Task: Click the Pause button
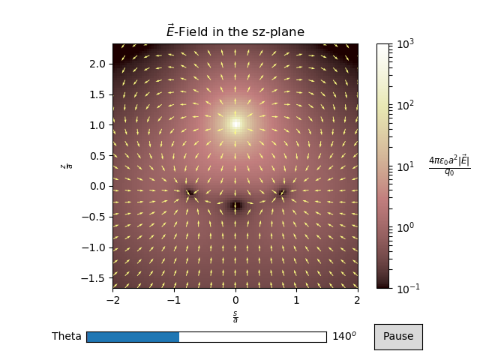[398, 337]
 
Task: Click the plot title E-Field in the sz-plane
[235, 31]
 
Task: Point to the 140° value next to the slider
[343, 337]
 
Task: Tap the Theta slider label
[66, 337]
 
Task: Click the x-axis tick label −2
[112, 300]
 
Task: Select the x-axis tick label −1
[173, 300]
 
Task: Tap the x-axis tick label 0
[235, 300]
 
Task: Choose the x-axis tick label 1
[296, 300]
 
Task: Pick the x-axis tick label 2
[357, 300]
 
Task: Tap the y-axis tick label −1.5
[95, 278]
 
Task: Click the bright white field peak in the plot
[235, 124]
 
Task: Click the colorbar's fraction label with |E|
[448, 166]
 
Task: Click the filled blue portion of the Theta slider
[133, 337]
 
